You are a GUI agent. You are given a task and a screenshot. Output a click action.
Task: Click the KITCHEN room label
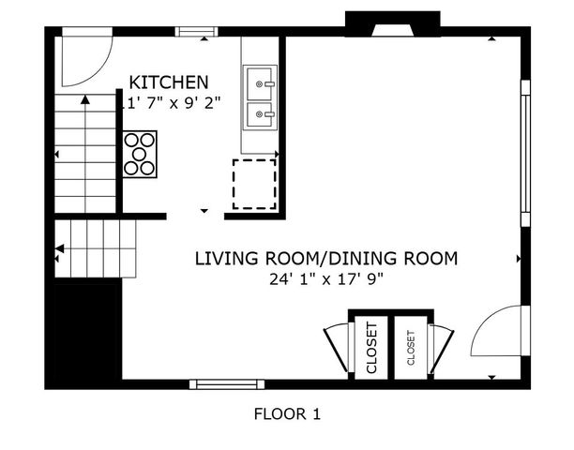[x=169, y=82]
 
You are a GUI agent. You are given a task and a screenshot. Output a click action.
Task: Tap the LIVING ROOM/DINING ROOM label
[x=325, y=258]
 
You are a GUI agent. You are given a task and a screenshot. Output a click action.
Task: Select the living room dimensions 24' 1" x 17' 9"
[x=325, y=278]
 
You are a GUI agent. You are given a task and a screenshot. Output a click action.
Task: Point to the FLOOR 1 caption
[x=287, y=413]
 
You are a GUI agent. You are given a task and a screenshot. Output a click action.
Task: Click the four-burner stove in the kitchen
[x=140, y=154]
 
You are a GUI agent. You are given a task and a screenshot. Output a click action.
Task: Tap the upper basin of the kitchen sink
[x=261, y=83]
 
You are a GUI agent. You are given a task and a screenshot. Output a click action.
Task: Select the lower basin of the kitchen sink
[x=261, y=115]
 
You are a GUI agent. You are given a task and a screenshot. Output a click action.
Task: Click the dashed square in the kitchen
[x=254, y=184]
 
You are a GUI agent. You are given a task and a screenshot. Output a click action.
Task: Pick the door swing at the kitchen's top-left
[x=83, y=59]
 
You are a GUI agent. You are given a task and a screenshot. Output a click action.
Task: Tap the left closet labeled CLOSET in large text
[x=370, y=348]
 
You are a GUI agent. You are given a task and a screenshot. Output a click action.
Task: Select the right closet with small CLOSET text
[x=411, y=348]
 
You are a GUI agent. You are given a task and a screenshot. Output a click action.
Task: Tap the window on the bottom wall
[x=226, y=383]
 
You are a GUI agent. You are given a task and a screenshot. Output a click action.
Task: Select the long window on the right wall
[x=525, y=153]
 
